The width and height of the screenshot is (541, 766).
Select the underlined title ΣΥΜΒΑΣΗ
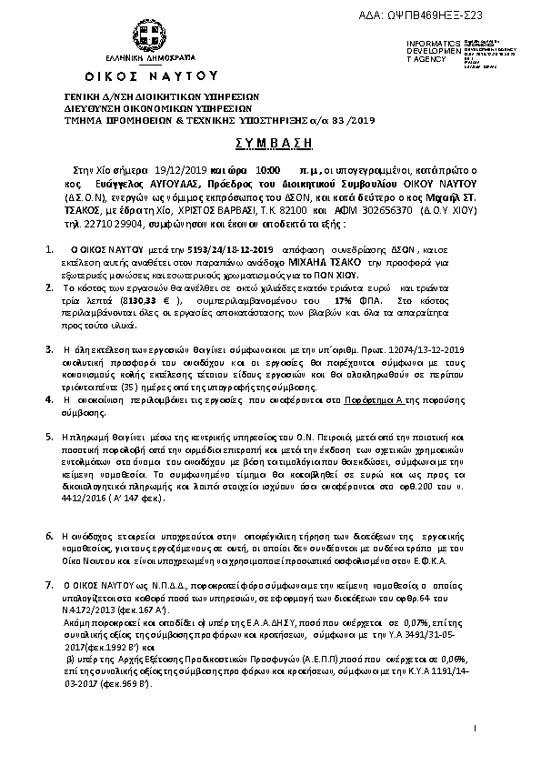tap(270, 143)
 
